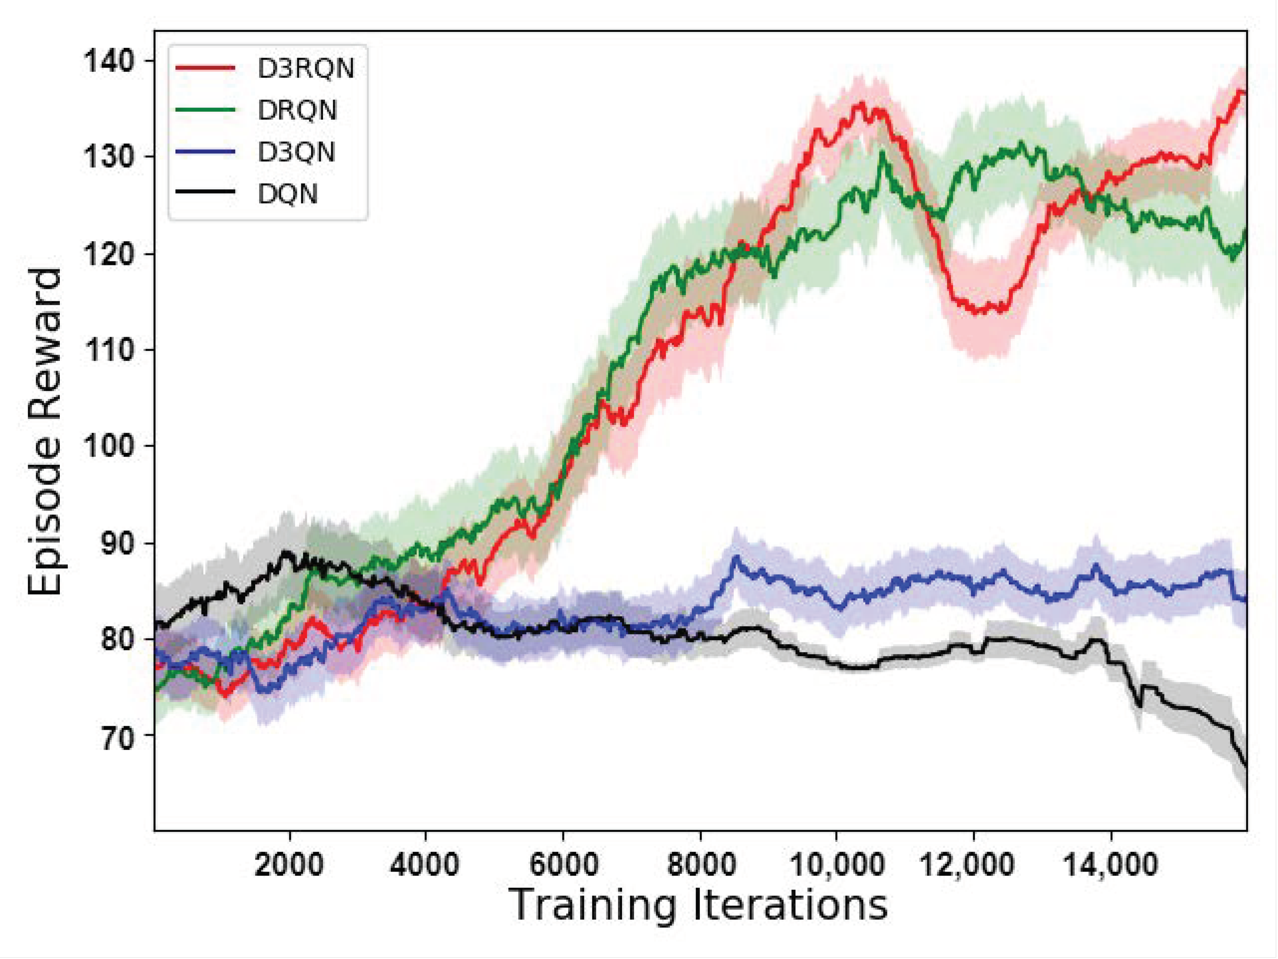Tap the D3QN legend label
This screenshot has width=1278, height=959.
pyautogui.click(x=296, y=152)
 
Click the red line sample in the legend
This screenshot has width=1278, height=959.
pyautogui.click(x=205, y=68)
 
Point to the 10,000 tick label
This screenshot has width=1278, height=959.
pyautogui.click(x=836, y=865)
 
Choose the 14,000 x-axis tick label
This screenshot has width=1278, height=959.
pyautogui.click(x=1110, y=865)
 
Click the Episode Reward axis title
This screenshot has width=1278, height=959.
pyautogui.click(x=45, y=432)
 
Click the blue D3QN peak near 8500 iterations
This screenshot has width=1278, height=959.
pyautogui.click(x=736, y=557)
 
